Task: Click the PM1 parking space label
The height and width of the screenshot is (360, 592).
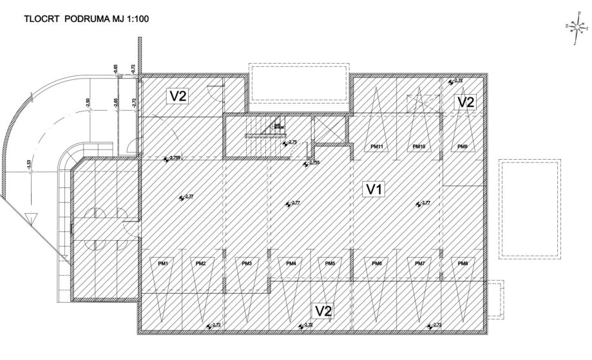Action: coord(163,263)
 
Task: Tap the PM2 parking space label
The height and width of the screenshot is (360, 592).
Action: coord(201,263)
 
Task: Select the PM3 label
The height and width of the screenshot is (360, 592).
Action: coord(247,263)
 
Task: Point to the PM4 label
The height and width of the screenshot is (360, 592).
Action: coord(291,263)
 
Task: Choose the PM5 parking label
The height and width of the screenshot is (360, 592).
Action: coord(330,263)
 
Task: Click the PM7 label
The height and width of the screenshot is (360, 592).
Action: coord(420,263)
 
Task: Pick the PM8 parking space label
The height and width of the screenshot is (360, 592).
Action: coord(463,263)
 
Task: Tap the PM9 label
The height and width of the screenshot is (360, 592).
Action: coord(463,147)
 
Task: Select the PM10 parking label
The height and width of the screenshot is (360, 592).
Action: coord(419,147)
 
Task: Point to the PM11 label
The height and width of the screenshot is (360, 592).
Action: coord(377,147)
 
